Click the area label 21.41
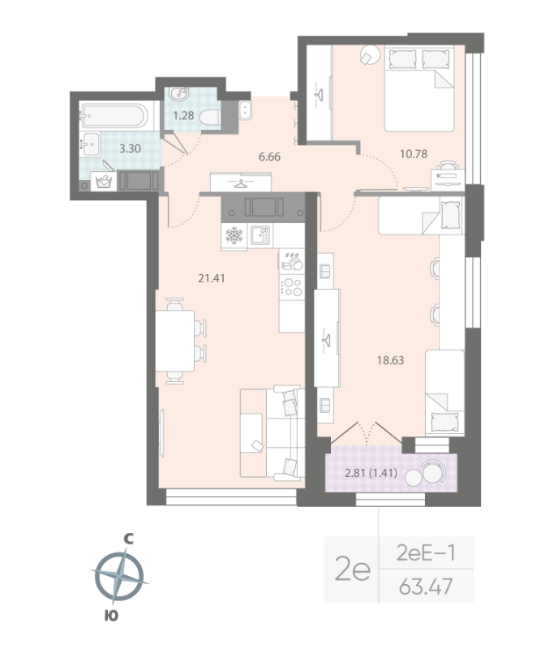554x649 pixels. (x=211, y=277)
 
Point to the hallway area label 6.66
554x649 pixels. (x=269, y=157)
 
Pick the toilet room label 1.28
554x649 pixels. (x=183, y=116)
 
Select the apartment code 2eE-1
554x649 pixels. (x=425, y=553)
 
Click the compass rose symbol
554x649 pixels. (x=119, y=576)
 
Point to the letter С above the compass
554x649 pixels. (x=127, y=537)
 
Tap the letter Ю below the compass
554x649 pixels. (x=111, y=616)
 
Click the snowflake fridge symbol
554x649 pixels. (x=234, y=236)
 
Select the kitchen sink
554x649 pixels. (x=260, y=235)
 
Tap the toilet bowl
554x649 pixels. (x=211, y=118)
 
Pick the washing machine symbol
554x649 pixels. (x=104, y=181)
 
